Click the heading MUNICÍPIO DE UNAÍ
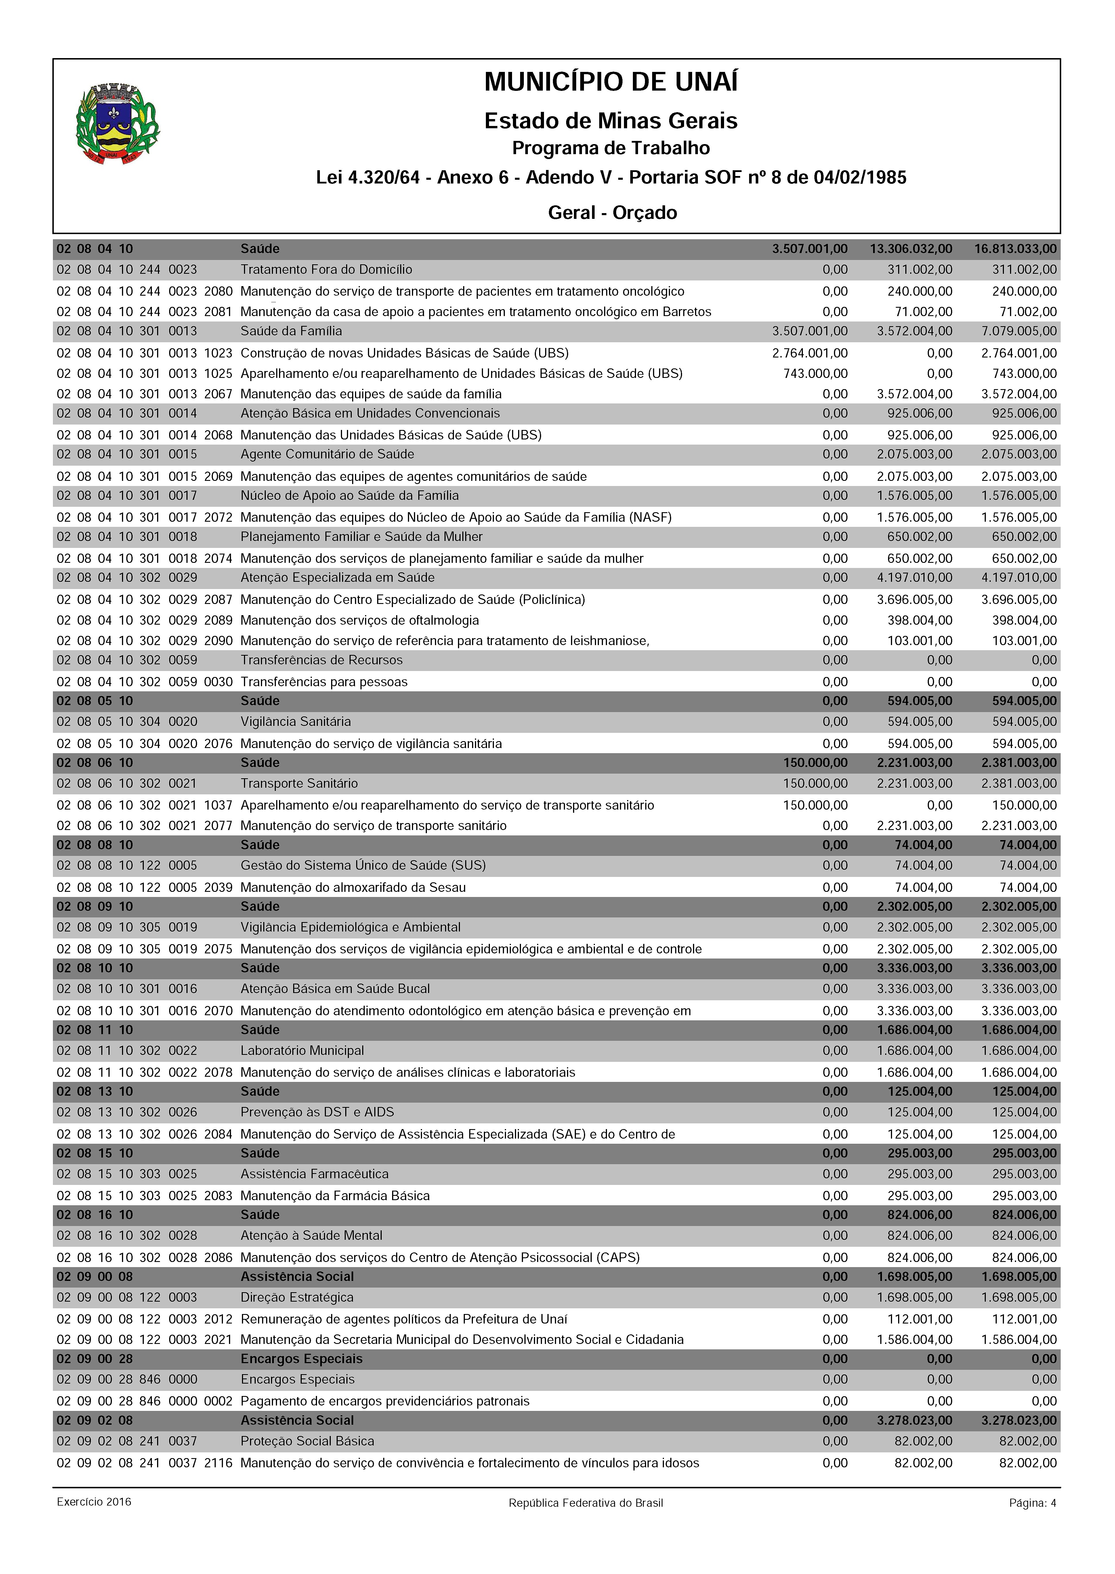click(611, 82)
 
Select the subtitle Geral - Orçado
click(612, 213)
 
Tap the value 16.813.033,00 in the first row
click(1015, 248)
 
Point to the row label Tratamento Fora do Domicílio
click(326, 270)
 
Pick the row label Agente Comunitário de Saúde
click(327, 454)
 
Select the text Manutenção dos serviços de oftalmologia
click(360, 621)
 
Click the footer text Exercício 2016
click(94, 1502)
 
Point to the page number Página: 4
click(1032, 1503)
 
